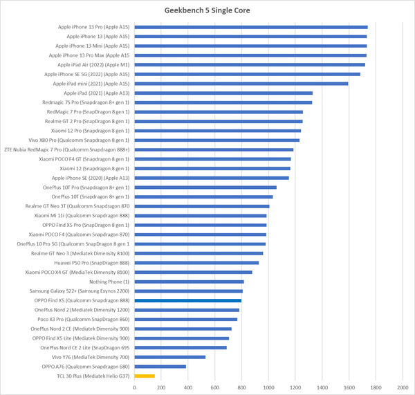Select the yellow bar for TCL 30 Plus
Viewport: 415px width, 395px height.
pyautogui.click(x=145, y=376)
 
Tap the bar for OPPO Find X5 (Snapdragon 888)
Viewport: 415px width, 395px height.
pyautogui.click(x=188, y=301)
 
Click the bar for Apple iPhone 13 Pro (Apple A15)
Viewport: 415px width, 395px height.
pyautogui.click(x=251, y=27)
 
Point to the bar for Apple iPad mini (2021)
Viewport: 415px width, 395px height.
pyautogui.click(x=241, y=84)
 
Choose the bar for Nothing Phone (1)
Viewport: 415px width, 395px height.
pyautogui.click(x=190, y=282)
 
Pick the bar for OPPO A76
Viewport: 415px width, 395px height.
pyautogui.click(x=160, y=367)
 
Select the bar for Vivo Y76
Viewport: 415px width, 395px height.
pyautogui.click(x=170, y=357)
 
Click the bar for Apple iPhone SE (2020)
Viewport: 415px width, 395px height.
pyautogui.click(x=212, y=178)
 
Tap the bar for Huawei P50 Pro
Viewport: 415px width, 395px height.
pyautogui.click(x=196, y=263)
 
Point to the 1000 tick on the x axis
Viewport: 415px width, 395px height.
pyautogui.click(x=268, y=387)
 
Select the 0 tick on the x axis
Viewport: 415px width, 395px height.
pyautogui.click(x=135, y=387)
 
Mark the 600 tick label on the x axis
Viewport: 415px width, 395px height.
pyautogui.click(x=215, y=387)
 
